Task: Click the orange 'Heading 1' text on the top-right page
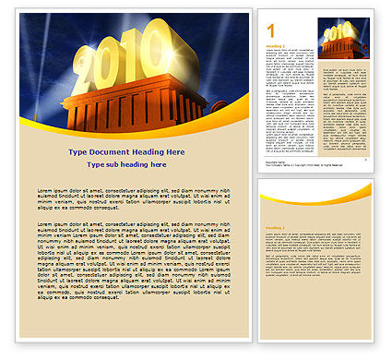point(274,45)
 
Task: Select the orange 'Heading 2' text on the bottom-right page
point(275,227)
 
